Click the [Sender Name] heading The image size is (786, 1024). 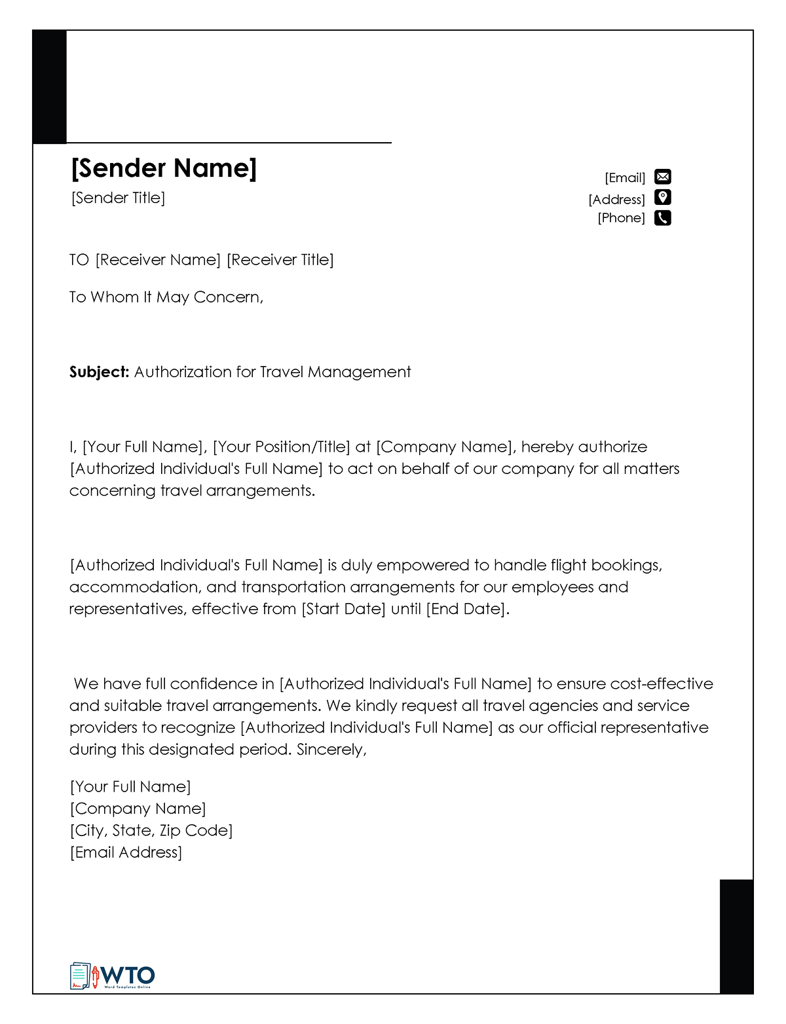pos(164,168)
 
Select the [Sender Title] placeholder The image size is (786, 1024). pos(118,198)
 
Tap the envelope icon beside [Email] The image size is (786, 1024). pos(663,177)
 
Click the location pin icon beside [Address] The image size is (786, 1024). pos(663,198)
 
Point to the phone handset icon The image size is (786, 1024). pos(663,218)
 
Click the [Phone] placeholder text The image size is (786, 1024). pos(621,218)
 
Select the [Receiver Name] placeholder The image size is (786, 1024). pos(158,260)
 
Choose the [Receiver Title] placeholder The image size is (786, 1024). pos(280,260)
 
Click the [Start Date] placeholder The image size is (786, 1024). pos(343,609)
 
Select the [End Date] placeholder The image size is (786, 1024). pos(466,609)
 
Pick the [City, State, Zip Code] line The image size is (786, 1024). pos(151,831)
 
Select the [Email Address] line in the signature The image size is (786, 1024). pos(126,852)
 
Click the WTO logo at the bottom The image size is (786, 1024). pos(113,976)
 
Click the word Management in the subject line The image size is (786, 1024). pos(359,373)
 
